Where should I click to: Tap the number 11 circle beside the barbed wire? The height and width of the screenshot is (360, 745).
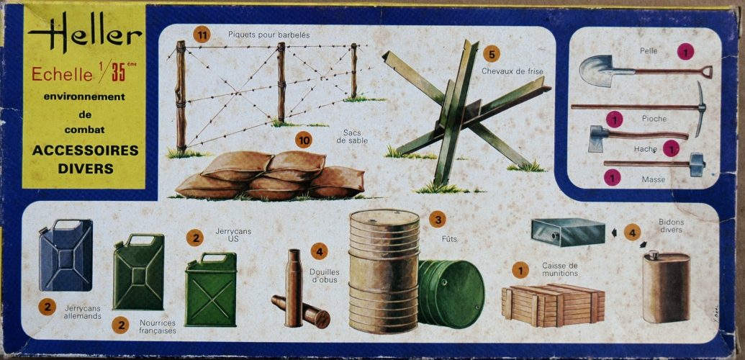pyautogui.click(x=202, y=35)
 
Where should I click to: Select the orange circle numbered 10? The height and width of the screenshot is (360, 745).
pyautogui.click(x=304, y=140)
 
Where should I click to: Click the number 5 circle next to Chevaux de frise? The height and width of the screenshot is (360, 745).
pyautogui.click(x=492, y=54)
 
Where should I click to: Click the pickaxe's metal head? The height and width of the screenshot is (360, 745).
pyautogui.click(x=700, y=109)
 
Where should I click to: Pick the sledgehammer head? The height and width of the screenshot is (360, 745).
pyautogui.click(x=697, y=165)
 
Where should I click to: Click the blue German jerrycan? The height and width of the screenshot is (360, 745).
pyautogui.click(x=66, y=255)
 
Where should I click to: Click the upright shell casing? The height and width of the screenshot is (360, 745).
pyautogui.click(x=294, y=288)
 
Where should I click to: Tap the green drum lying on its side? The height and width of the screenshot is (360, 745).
pyautogui.click(x=451, y=294)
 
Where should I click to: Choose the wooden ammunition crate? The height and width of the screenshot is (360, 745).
pyautogui.click(x=553, y=305)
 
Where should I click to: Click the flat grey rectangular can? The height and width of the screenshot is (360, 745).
pyautogui.click(x=568, y=232)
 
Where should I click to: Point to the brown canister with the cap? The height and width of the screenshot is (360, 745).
pyautogui.click(x=666, y=287)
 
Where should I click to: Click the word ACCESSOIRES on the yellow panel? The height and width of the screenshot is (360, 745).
pyautogui.click(x=86, y=150)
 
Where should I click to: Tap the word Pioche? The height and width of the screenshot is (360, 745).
pyautogui.click(x=654, y=118)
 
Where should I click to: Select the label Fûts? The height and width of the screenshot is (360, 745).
pyautogui.click(x=449, y=239)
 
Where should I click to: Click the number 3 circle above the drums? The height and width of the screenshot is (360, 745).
pyautogui.click(x=437, y=219)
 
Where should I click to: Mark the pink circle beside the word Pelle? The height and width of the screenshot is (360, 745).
pyautogui.click(x=685, y=51)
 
